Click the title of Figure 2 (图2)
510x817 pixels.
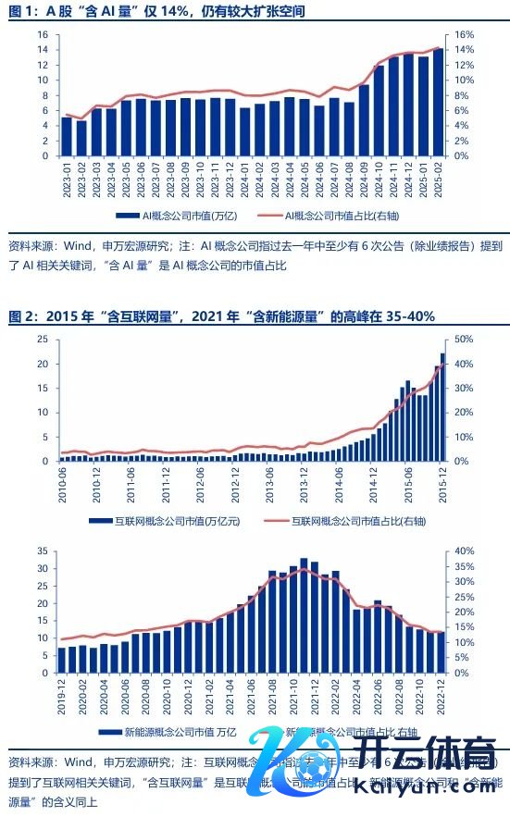(x=221, y=316)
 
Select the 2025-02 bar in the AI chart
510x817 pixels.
(x=437, y=102)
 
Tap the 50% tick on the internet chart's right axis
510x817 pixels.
(x=464, y=340)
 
